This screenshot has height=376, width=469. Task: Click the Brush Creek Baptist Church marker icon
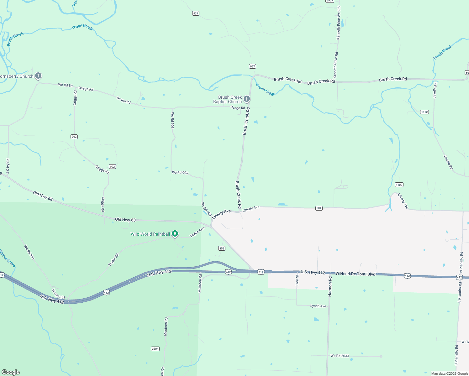[x=247, y=99]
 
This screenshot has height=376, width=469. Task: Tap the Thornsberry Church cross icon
[x=38, y=76]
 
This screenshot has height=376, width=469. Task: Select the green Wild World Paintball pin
[x=175, y=233]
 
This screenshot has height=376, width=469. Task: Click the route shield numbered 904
[x=319, y=208]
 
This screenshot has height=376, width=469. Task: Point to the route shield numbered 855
[x=222, y=248]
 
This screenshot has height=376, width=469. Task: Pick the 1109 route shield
[x=399, y=185]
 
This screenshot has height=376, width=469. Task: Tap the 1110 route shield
[x=424, y=112]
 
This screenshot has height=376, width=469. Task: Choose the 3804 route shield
[x=155, y=349]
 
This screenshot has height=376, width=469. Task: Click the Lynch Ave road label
[x=318, y=306]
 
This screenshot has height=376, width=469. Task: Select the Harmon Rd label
[x=330, y=286]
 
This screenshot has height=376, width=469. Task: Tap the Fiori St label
[x=297, y=280]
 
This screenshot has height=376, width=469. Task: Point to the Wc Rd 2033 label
[x=340, y=356]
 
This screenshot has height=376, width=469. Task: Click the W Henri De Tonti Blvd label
[x=355, y=274]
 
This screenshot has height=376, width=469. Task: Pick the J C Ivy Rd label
[x=8, y=166]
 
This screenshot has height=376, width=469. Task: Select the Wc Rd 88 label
[x=65, y=85]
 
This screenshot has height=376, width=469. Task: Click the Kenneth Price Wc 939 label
[x=339, y=23]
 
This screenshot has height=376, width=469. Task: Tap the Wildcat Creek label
[x=7, y=258]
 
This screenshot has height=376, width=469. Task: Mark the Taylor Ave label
[x=197, y=232]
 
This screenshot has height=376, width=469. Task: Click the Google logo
[x=11, y=372]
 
